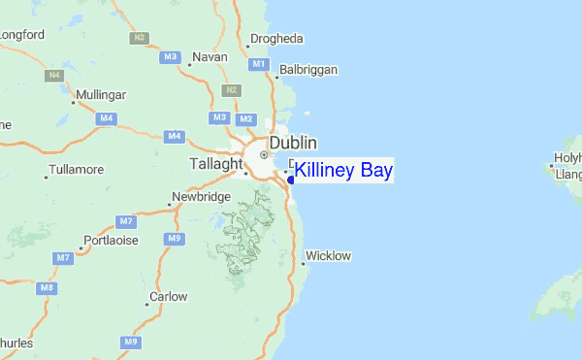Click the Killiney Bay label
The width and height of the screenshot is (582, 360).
[343, 172]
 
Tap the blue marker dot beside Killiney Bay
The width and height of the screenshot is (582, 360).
[292, 180]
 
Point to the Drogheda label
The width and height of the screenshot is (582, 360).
[276, 39]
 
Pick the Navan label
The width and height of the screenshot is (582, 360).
[210, 57]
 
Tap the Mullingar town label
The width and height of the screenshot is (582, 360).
[101, 95]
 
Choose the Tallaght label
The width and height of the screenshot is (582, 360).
[214, 164]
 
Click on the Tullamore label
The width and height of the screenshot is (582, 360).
[79, 170]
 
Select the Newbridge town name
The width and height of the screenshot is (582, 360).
[201, 197]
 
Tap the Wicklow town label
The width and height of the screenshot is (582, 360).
[328, 256]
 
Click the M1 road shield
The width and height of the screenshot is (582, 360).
[258, 64]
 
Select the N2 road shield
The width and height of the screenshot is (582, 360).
[231, 90]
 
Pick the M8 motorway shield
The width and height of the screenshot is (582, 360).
[47, 288]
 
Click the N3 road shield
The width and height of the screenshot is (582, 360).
[140, 38]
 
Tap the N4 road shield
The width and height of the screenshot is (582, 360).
[52, 75]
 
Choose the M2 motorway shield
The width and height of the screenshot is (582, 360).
[245, 118]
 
